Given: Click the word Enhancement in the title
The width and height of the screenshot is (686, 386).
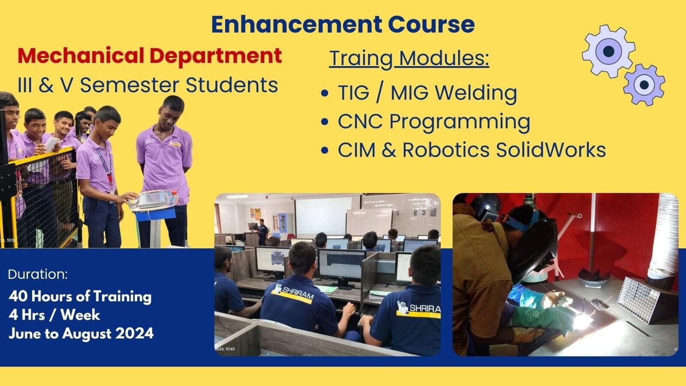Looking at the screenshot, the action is (x=296, y=24).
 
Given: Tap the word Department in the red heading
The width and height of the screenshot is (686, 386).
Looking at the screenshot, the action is (x=216, y=56).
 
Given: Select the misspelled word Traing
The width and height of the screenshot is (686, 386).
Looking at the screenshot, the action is (x=361, y=58).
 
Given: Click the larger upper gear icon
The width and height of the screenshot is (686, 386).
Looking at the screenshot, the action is (x=608, y=51).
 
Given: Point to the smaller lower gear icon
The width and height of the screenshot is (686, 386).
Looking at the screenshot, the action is (x=644, y=85).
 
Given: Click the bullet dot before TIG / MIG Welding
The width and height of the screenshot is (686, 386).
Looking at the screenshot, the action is (x=325, y=93).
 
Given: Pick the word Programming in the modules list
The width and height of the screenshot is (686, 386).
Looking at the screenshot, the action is (x=460, y=122).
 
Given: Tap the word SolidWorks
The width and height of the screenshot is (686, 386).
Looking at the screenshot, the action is (x=551, y=150).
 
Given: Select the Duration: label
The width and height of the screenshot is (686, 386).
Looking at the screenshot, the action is (x=38, y=274).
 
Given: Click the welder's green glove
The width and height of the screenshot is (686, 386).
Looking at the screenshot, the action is (x=542, y=319).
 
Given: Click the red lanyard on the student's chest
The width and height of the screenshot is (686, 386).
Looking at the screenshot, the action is (x=110, y=177).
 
